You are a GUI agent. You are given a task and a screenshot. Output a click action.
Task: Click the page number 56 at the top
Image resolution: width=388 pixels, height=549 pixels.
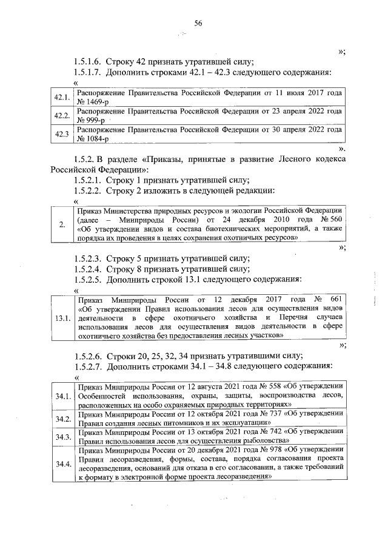point(198,24)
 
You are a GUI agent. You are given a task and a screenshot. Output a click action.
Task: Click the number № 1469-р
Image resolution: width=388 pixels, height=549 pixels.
point(93,102)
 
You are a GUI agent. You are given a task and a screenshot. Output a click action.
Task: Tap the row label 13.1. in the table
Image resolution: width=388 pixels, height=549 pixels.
point(62,317)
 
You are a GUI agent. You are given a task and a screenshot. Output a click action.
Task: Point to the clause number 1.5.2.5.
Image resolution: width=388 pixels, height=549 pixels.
point(87,280)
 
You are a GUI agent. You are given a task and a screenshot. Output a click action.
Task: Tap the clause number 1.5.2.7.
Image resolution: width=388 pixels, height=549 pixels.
point(87,366)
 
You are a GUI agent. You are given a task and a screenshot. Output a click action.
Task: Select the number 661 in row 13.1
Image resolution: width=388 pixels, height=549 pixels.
point(336,300)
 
